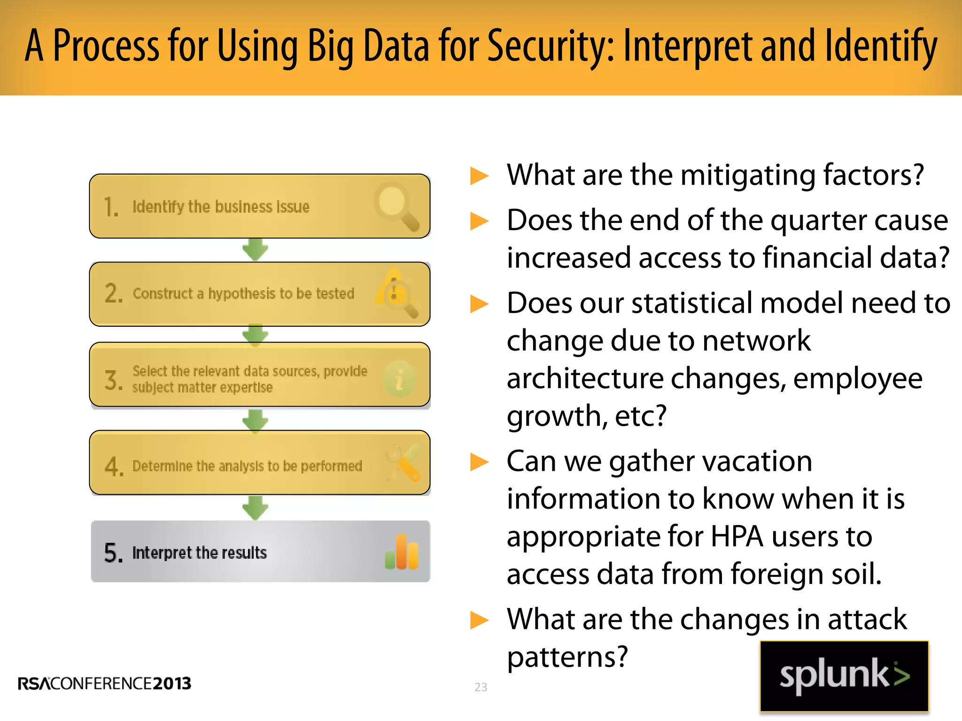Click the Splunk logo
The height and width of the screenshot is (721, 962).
[844, 676]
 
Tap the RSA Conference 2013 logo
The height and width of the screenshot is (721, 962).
[104, 683]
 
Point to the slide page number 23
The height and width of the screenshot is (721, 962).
[481, 687]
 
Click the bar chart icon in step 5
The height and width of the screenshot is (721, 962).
[402, 552]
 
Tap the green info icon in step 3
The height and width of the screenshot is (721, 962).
[399, 379]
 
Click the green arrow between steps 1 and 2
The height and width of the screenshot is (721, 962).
[255, 249]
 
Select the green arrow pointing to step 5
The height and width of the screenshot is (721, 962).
[255, 508]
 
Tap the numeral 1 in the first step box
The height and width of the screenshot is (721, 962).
[111, 207]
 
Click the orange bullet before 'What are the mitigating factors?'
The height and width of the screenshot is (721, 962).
[480, 176]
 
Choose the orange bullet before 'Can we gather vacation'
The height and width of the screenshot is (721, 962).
[480, 462]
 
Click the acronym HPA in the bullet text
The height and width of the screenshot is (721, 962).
[737, 536]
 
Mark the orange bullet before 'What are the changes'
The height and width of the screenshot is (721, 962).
[480, 620]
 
